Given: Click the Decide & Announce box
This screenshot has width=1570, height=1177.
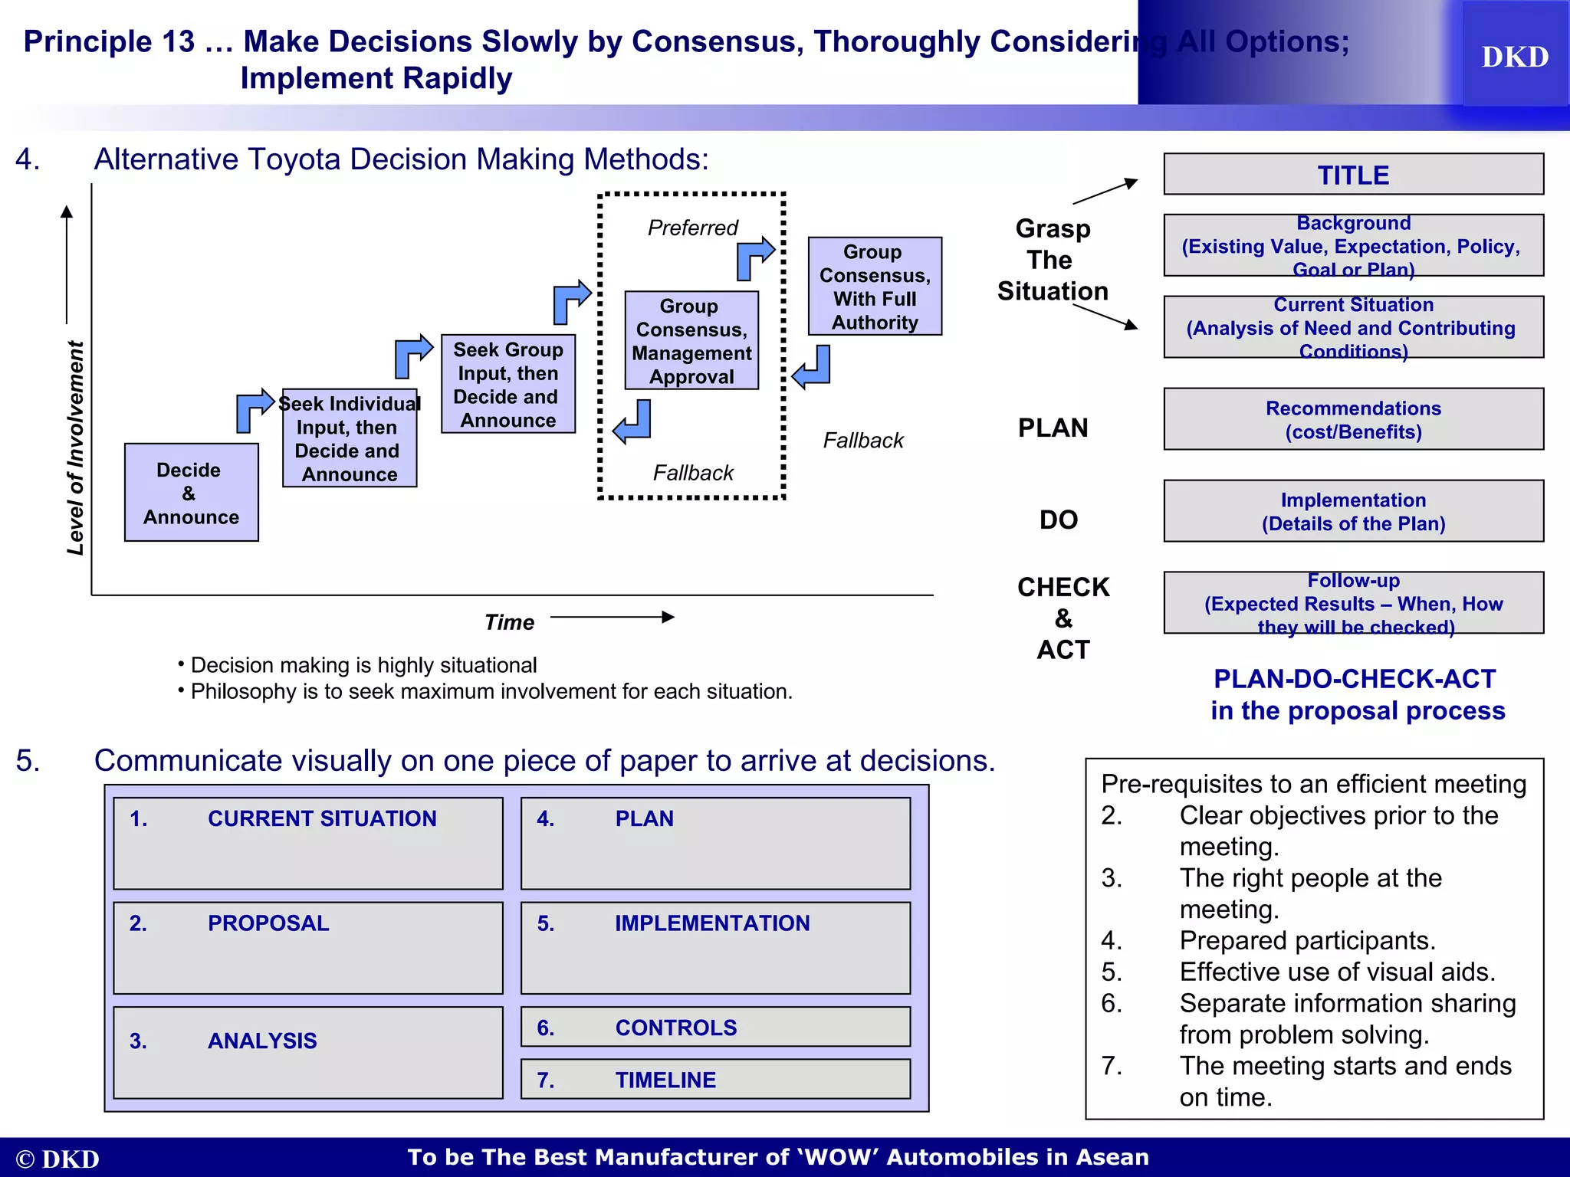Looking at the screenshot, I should (x=191, y=493).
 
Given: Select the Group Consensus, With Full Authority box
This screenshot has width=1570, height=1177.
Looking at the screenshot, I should (x=875, y=287).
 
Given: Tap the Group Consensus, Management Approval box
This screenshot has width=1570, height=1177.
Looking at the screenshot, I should (x=691, y=340).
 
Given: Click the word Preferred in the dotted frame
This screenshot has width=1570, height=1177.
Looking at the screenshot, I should (x=692, y=228).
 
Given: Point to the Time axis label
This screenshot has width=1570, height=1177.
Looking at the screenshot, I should (x=509, y=622).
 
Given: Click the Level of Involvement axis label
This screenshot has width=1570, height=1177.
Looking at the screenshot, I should (x=75, y=448).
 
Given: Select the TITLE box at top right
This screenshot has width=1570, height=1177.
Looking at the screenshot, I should (x=1353, y=175).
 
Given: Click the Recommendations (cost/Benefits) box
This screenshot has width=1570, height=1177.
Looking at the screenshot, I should (x=1353, y=419).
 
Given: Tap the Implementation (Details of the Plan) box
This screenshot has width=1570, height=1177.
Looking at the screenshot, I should (x=1353, y=511).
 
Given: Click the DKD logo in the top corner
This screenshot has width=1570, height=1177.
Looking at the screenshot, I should (x=1514, y=57).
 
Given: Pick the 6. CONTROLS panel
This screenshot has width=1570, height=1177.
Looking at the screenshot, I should (x=715, y=1028).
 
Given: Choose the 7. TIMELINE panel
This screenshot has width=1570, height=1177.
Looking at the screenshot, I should (x=715, y=1080).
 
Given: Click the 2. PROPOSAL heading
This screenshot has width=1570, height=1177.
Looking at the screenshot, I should (x=268, y=923).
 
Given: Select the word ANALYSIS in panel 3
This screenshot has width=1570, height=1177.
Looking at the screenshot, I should (x=262, y=1041).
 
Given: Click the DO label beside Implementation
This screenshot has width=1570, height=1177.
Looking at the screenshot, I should (x=1059, y=520).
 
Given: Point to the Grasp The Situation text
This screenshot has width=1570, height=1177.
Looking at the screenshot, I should (x=1053, y=260).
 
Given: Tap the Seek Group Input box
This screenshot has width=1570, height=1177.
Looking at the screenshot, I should (x=508, y=385).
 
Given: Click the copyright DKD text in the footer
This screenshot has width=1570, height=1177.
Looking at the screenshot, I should (x=57, y=1159).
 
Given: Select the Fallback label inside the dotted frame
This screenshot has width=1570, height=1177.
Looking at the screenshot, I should (x=693, y=473).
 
